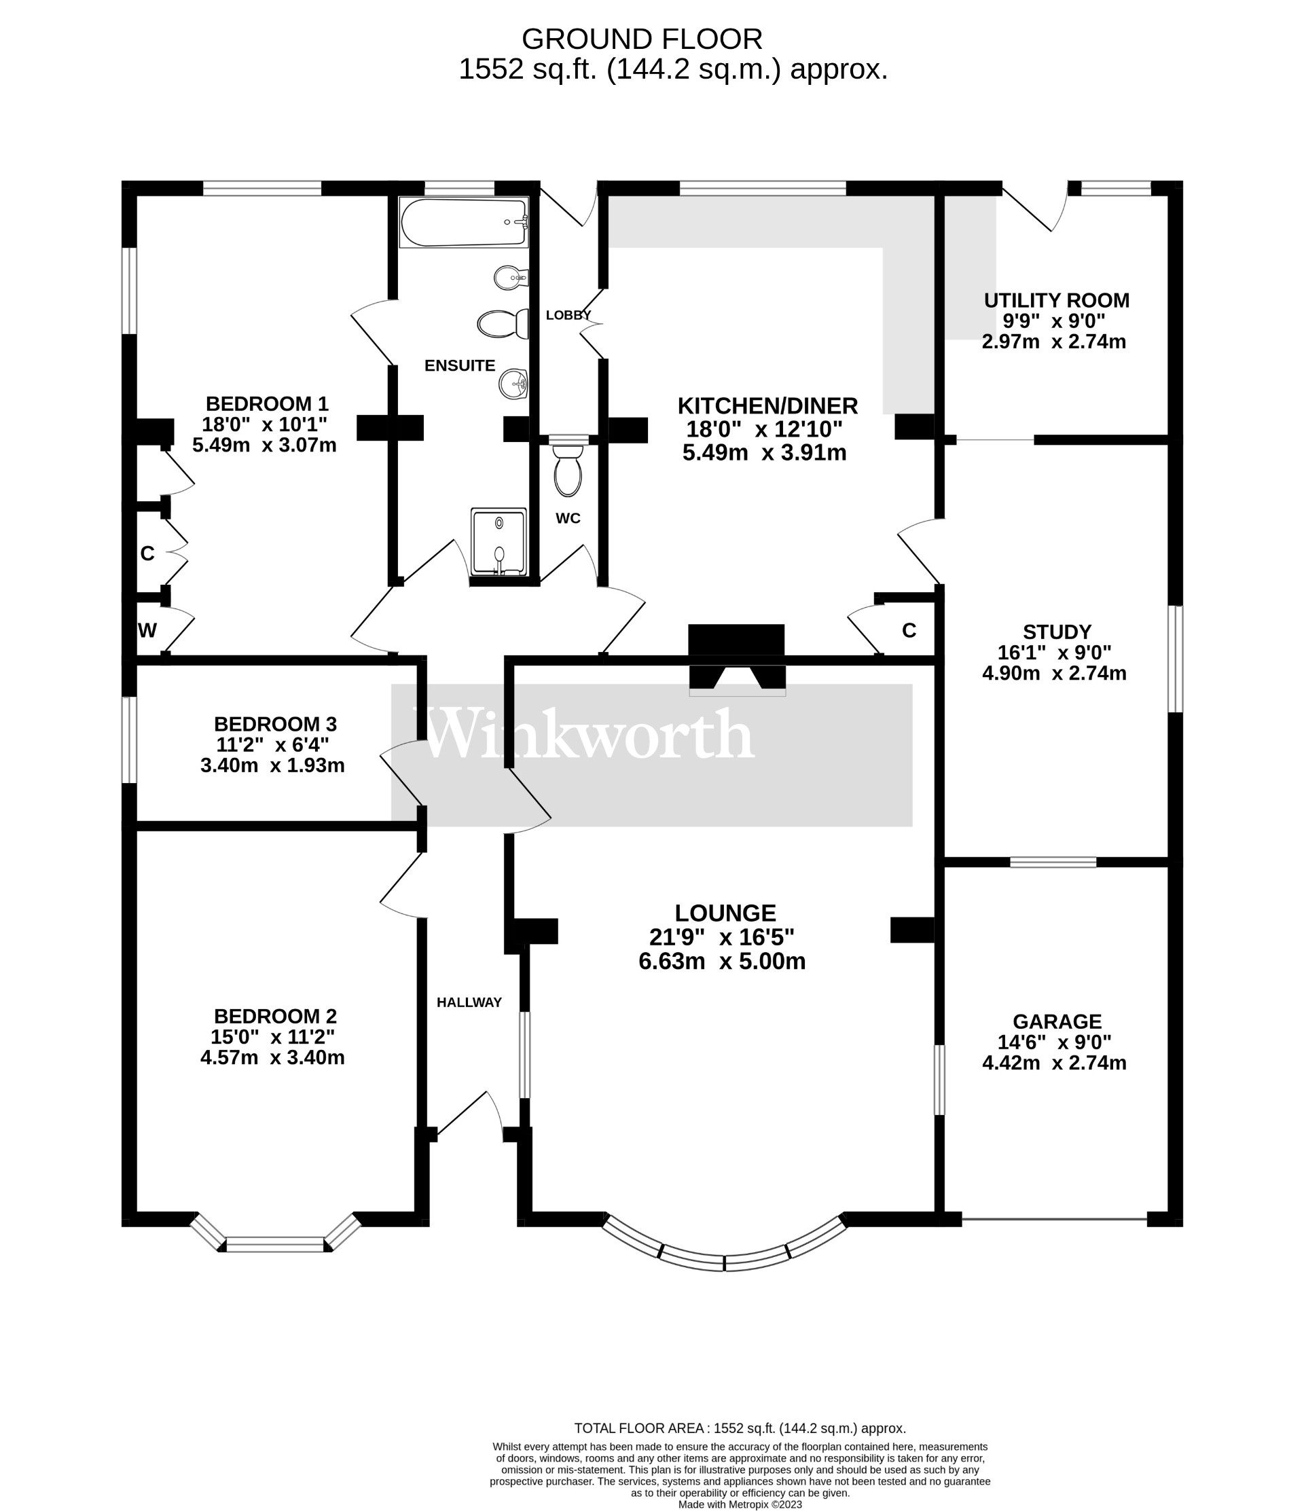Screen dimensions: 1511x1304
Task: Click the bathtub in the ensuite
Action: (463, 223)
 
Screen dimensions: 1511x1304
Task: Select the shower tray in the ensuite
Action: (499, 542)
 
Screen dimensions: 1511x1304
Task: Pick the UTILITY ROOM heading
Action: (1056, 300)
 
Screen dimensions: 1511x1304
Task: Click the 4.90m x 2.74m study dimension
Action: (1054, 673)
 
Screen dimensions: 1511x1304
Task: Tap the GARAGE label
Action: (1057, 1021)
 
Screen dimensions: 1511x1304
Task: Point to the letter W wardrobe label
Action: (147, 631)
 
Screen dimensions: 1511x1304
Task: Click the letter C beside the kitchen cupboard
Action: (909, 631)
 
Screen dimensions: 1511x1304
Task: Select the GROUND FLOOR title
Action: (642, 39)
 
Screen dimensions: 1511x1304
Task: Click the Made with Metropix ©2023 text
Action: (740, 1504)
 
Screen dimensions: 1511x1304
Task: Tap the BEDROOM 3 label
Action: (275, 724)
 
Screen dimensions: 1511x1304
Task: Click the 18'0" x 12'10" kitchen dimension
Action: (763, 429)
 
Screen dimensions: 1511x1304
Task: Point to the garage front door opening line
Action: (1054, 1218)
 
